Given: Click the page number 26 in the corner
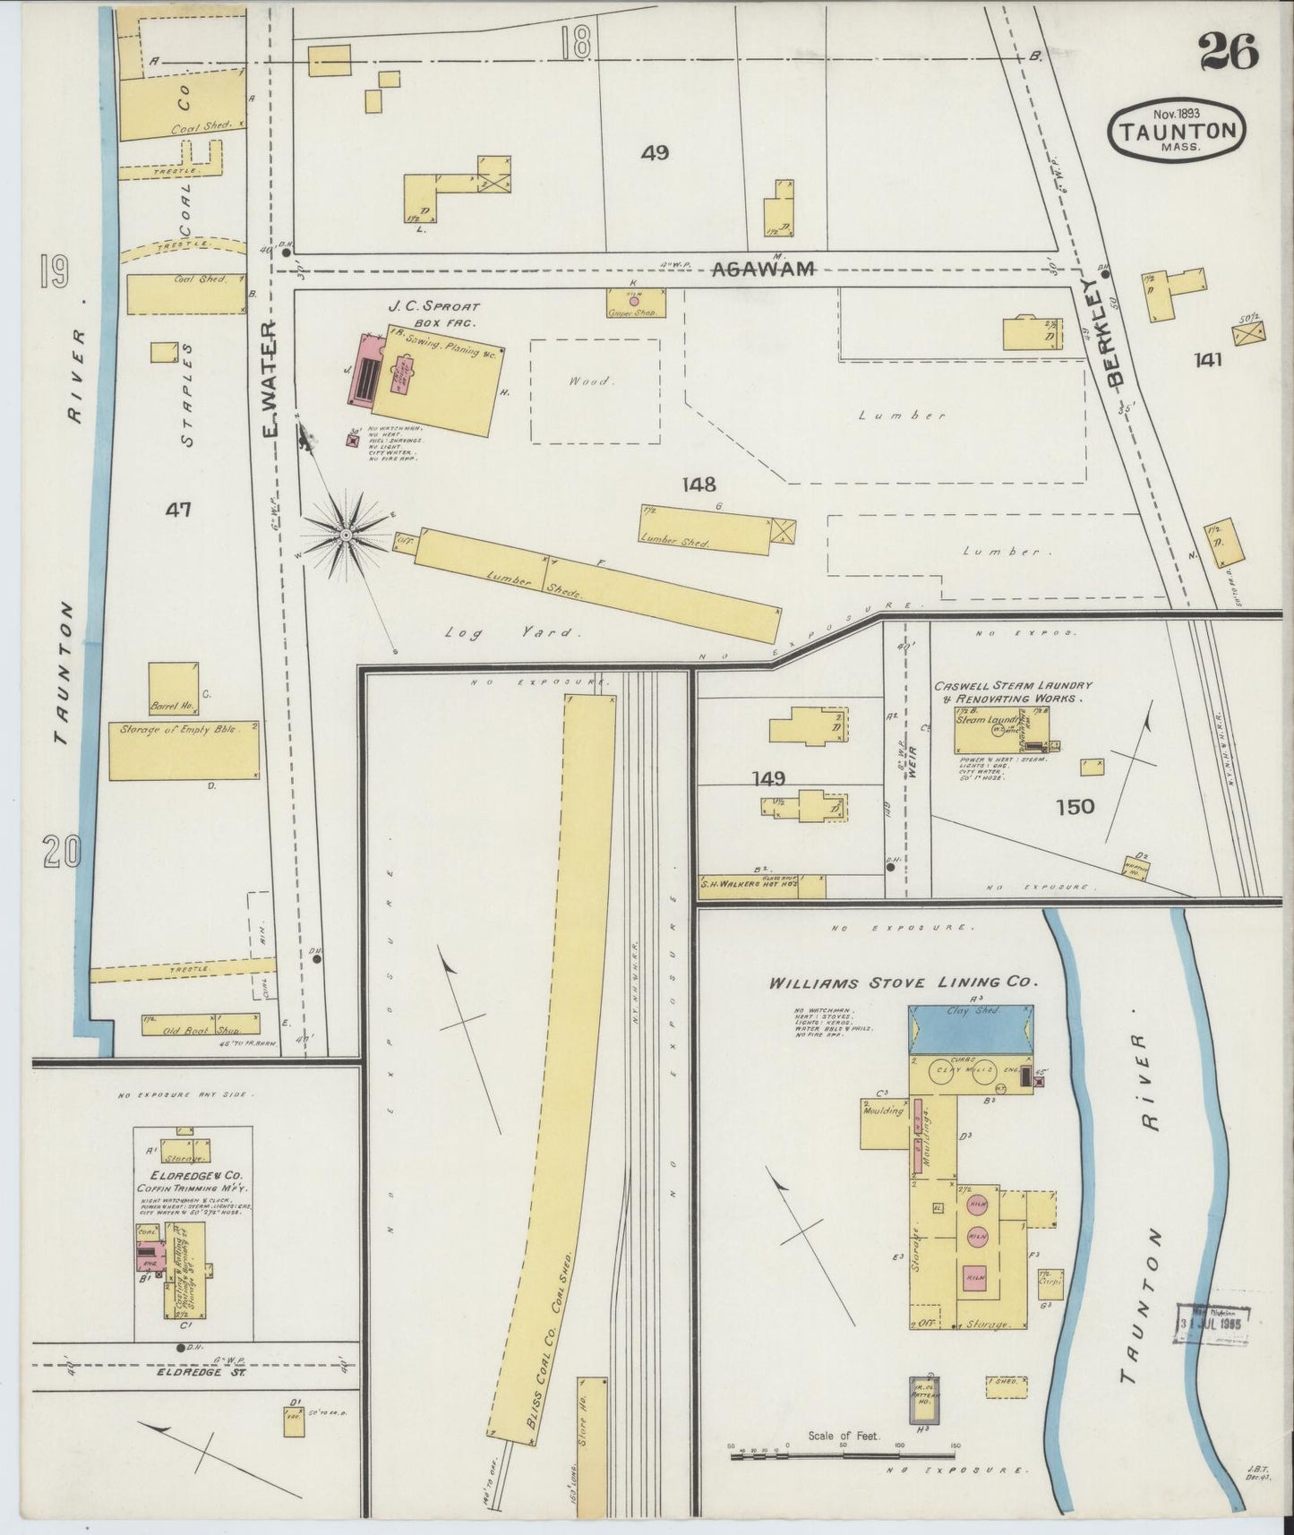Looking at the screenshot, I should [x=1229, y=50].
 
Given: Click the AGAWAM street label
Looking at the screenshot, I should [x=763, y=268].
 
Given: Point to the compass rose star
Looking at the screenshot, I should [x=345, y=536].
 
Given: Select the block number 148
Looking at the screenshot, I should [x=698, y=485].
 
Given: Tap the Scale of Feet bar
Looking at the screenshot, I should [x=844, y=1457].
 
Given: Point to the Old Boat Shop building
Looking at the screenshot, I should [x=201, y=1024].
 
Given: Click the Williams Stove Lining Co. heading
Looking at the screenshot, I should [x=903, y=982].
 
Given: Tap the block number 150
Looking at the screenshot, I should [x=1075, y=806].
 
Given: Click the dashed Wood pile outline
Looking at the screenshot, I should [x=595, y=390].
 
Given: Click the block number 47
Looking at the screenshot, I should [x=178, y=510].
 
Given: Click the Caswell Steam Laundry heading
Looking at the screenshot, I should [x=1013, y=691].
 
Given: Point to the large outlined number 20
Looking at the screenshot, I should [x=62, y=852].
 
